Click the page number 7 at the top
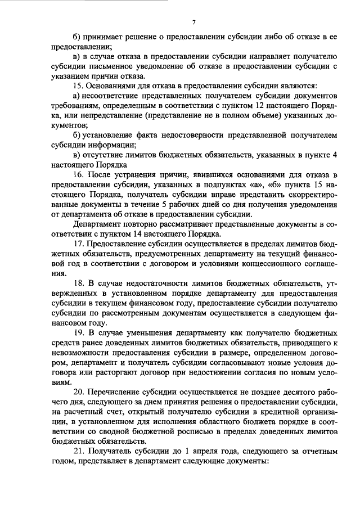[193, 22]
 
